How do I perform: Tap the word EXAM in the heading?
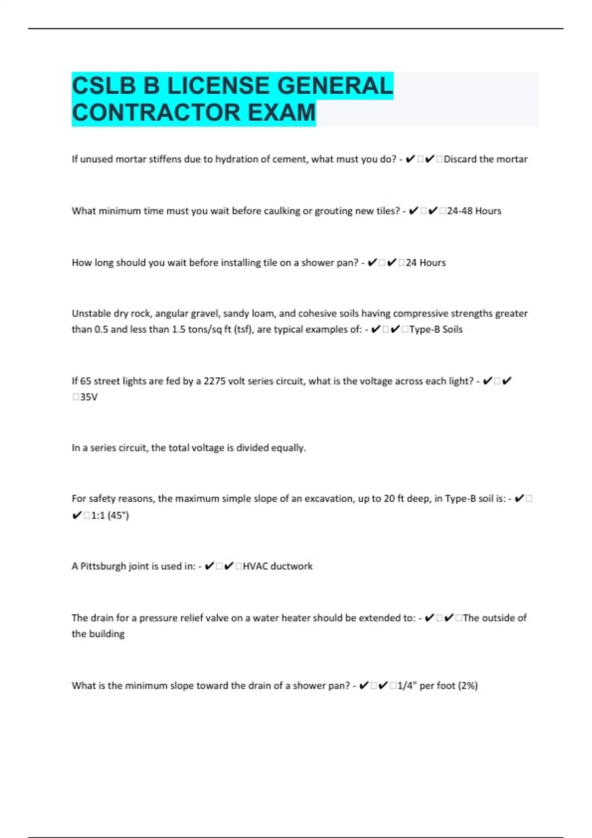click(281, 112)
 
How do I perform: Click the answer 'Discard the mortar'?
click(485, 159)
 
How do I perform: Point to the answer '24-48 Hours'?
click(474, 211)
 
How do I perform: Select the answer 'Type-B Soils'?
click(436, 329)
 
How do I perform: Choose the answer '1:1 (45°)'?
click(110, 516)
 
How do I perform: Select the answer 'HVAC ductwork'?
click(277, 566)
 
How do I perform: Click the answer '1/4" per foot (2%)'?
click(438, 686)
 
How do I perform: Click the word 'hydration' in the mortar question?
click(236, 159)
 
